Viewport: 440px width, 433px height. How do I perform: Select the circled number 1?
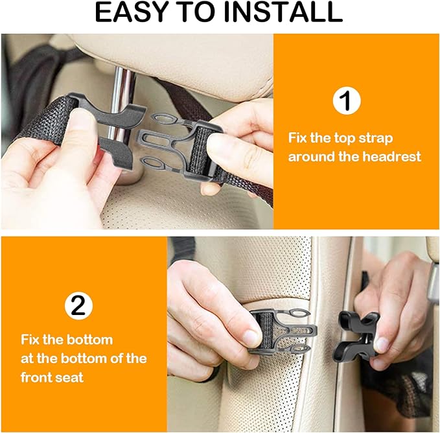pos(346,100)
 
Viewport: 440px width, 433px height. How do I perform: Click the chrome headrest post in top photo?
pos(120,97)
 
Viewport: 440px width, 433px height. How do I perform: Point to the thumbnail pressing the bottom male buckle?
pos(251,337)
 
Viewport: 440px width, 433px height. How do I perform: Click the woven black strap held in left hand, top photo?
pos(45,120)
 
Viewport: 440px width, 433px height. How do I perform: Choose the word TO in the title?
pos(211,13)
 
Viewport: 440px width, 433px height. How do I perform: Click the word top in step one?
pos(343,138)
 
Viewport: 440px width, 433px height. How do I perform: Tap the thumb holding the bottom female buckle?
pos(382,344)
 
